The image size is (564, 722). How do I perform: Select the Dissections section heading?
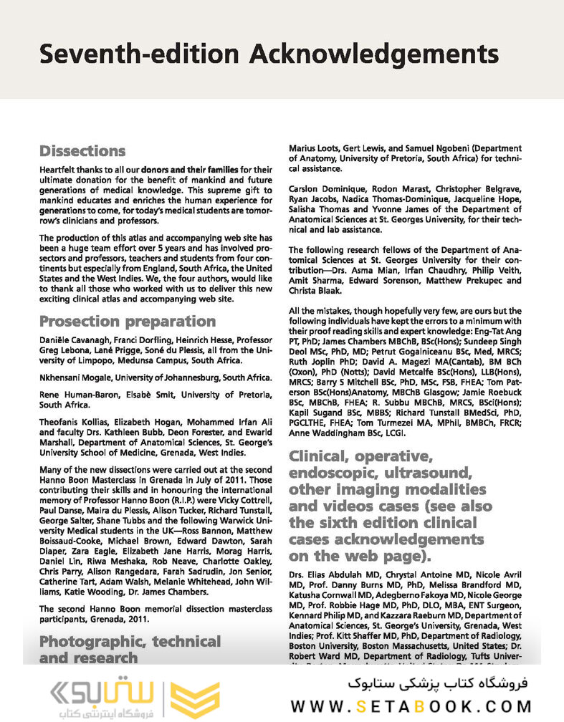[x=82, y=151]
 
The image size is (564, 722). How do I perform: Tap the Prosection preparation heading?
[x=127, y=321]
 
